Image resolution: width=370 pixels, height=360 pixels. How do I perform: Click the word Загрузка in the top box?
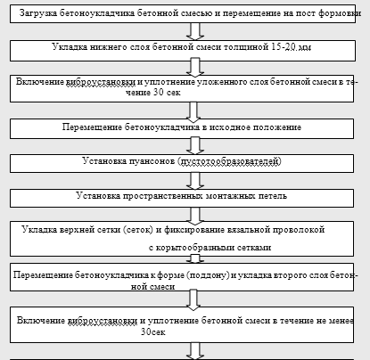point(38,13)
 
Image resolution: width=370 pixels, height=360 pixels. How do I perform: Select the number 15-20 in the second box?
point(282,47)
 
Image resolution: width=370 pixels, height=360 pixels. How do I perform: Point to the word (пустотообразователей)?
point(230,161)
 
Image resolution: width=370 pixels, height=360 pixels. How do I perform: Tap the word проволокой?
point(300,230)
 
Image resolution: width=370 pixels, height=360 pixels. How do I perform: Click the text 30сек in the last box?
point(153,331)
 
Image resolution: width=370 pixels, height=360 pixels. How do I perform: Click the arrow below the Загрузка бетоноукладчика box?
point(195,31)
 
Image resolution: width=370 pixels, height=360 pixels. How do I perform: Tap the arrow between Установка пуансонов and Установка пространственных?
point(195,181)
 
